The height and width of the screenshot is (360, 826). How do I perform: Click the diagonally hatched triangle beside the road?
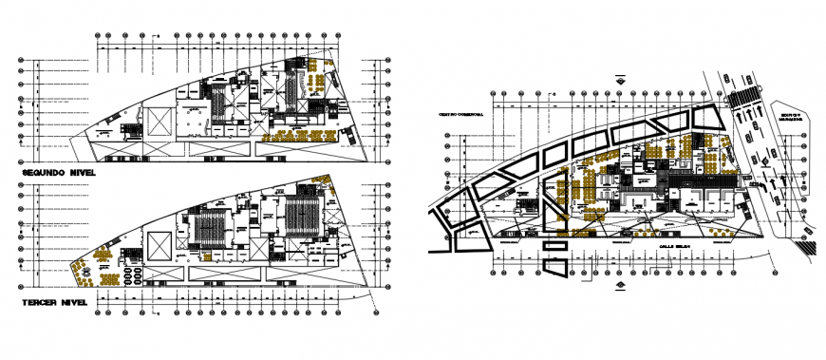806,246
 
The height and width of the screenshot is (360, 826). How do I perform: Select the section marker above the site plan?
618,80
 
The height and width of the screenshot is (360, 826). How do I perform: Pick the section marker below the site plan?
618,284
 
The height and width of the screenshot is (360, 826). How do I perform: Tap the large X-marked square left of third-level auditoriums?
159,245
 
